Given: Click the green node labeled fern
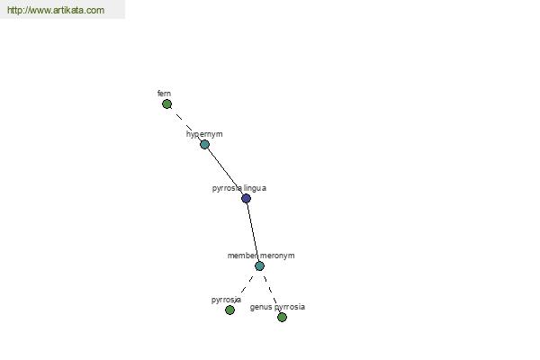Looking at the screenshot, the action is pyautogui.click(x=167, y=104).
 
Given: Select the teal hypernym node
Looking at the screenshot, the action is pyautogui.click(x=204, y=144).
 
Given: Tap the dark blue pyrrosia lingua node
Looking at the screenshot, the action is pyautogui.click(x=246, y=198).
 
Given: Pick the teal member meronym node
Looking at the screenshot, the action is pyautogui.click(x=259, y=266).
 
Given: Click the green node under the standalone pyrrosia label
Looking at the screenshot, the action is pyautogui.click(x=229, y=310).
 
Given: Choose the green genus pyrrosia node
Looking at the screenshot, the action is pyautogui.click(x=282, y=318).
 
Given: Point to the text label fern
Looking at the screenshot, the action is pyautogui.click(x=164, y=94).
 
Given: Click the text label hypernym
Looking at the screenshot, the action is pyautogui.click(x=204, y=134).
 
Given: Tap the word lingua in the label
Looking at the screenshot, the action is pyautogui.click(x=255, y=188).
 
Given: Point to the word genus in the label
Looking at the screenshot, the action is pyautogui.click(x=261, y=307).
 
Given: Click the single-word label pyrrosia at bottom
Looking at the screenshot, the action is pyautogui.click(x=226, y=300).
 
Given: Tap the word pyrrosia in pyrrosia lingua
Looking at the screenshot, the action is pyautogui.click(x=227, y=188).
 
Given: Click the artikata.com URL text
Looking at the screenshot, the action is pyautogui.click(x=56, y=10).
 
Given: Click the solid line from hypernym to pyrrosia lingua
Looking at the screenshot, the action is pyautogui.click(x=225, y=171).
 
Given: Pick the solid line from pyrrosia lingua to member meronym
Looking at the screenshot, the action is pyautogui.click(x=252, y=232).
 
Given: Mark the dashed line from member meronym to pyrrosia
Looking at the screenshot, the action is pyautogui.click(x=247, y=285).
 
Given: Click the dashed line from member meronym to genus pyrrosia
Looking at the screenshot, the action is pyautogui.click(x=271, y=292).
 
